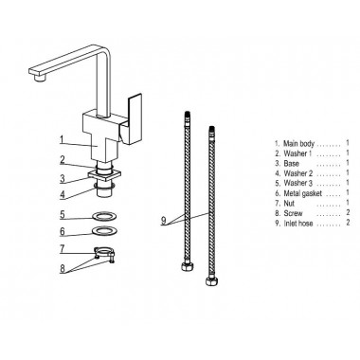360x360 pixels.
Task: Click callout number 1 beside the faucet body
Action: [63, 139]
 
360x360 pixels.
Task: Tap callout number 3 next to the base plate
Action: [63, 179]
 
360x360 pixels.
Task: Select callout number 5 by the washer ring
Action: [63, 215]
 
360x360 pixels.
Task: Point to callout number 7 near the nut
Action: [63, 249]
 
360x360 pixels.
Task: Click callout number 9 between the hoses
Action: [163, 220]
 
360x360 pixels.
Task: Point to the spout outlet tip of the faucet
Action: [39, 79]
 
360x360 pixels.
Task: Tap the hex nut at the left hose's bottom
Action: [186, 266]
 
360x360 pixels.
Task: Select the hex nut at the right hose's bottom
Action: [210, 280]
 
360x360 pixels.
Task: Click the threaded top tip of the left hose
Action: [189, 116]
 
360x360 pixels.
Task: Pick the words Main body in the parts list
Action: [298, 144]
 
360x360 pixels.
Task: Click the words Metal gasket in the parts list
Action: [303, 193]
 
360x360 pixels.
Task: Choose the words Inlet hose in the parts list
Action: [298, 224]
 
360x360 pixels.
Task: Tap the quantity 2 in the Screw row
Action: [348, 212]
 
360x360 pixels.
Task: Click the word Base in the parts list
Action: [291, 164]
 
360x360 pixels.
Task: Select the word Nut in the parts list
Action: [289, 203]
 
